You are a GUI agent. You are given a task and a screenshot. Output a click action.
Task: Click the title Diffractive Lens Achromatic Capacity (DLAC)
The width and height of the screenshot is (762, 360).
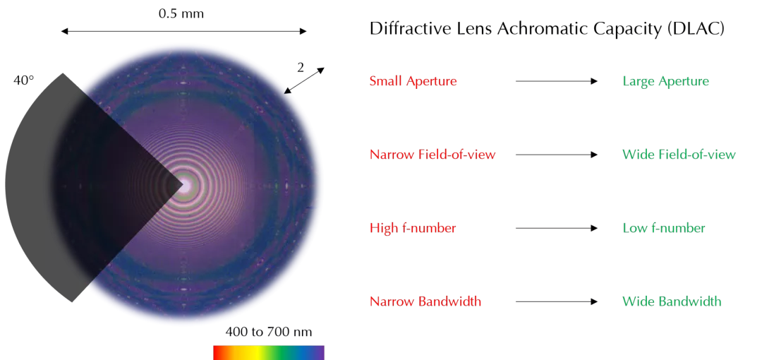(x=548, y=29)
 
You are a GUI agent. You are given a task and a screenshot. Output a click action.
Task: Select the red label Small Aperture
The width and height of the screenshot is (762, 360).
(x=413, y=81)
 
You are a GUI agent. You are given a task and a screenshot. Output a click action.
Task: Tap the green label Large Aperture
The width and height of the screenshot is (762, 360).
(x=666, y=81)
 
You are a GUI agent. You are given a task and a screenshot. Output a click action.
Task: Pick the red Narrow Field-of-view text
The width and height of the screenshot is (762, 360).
(x=433, y=155)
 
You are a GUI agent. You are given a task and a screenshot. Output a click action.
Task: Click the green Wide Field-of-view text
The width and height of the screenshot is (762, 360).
(x=679, y=155)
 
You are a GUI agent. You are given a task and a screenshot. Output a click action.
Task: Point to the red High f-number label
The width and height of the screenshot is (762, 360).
(x=413, y=228)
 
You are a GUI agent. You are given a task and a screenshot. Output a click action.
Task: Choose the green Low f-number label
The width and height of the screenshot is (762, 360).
(x=664, y=228)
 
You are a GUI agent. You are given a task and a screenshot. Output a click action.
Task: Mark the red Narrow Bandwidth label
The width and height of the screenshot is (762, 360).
(x=425, y=301)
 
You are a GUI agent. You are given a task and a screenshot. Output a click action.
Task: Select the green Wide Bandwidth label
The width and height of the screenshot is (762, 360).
(x=672, y=301)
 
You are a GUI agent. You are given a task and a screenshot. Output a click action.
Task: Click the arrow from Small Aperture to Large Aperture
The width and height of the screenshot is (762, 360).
(x=557, y=81)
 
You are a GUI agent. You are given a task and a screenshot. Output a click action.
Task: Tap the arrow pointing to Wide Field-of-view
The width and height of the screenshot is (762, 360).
(x=557, y=155)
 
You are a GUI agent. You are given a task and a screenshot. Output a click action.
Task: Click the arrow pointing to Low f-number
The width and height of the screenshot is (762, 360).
(x=557, y=228)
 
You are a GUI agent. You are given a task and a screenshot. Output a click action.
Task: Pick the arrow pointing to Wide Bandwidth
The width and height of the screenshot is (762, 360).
(x=557, y=301)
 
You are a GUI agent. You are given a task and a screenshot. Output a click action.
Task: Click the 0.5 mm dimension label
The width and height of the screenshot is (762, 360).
(x=181, y=13)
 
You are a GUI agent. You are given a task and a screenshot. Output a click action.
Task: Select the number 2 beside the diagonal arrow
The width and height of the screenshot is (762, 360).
(x=301, y=68)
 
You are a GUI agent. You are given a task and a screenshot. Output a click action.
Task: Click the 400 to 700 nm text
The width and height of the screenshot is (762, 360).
(x=269, y=332)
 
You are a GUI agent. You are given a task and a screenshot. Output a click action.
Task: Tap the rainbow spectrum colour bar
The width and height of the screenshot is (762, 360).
(x=269, y=353)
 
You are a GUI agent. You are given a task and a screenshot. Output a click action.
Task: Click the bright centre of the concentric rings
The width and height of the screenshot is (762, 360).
(x=184, y=186)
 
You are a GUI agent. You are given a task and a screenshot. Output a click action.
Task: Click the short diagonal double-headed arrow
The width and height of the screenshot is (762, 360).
(x=304, y=80)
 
